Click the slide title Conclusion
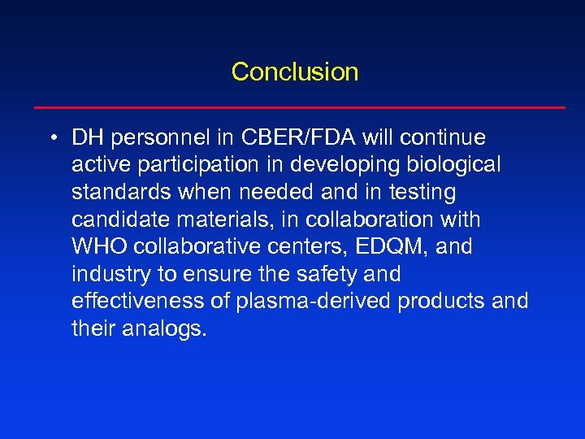294,72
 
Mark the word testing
425,193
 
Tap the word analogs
167,329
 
